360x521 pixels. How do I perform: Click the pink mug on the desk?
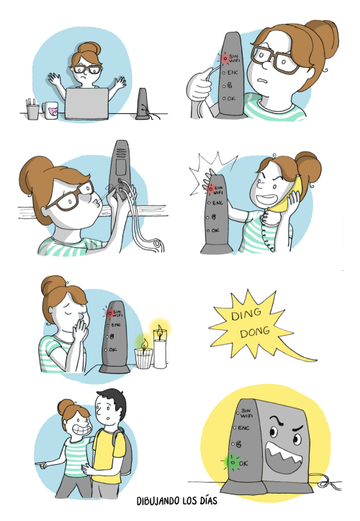click(50, 110)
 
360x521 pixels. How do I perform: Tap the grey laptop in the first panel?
click(86, 103)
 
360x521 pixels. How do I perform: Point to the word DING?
click(246, 314)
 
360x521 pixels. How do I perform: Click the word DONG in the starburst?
click(255, 332)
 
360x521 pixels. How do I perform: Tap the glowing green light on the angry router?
click(233, 462)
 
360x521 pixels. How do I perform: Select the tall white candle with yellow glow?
click(160, 347)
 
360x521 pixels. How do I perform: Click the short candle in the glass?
click(144, 355)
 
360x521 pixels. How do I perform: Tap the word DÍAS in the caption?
click(208, 501)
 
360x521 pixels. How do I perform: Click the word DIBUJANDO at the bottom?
click(158, 501)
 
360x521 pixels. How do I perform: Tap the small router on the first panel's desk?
click(143, 104)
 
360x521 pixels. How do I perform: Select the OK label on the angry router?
click(243, 463)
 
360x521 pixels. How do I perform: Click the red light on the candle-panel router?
click(109, 313)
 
